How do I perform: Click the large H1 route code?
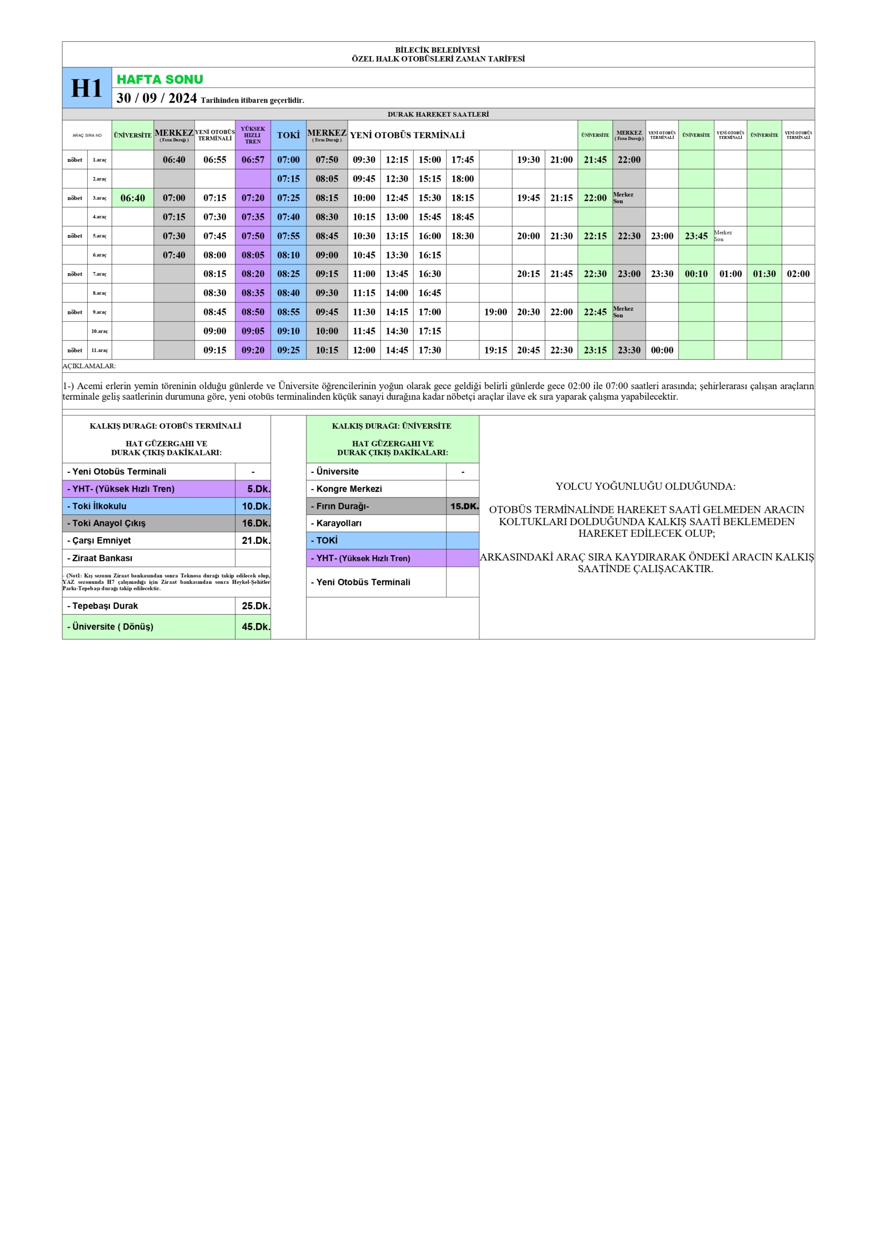pyautogui.click(x=86, y=88)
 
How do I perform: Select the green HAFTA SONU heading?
pyautogui.click(x=160, y=79)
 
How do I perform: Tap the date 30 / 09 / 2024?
pyautogui.click(x=156, y=98)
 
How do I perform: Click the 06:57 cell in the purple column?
pyautogui.click(x=253, y=160)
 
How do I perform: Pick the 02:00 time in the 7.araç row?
pyautogui.click(x=798, y=274)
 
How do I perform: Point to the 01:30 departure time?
pyautogui.click(x=764, y=274)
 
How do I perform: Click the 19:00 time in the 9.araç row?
pyautogui.click(x=495, y=312)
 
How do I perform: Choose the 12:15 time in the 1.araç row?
pyautogui.click(x=397, y=160)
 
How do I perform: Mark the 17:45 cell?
pyautogui.click(x=462, y=160)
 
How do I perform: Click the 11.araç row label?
pyautogui.click(x=99, y=351)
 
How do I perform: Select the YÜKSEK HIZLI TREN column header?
pyautogui.click(x=253, y=135)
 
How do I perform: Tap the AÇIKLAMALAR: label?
pyautogui.click(x=89, y=366)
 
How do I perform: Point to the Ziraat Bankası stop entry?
pyautogui.click(x=102, y=558)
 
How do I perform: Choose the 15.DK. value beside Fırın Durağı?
pyautogui.click(x=464, y=506)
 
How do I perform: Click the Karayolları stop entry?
pyautogui.click(x=338, y=523)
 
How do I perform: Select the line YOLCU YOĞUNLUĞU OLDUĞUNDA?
pyautogui.click(x=645, y=486)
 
